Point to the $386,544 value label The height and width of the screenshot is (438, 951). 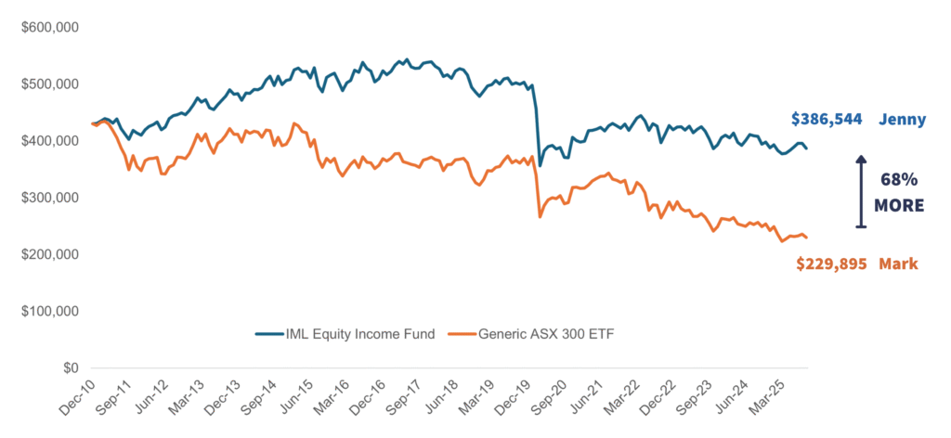[827, 119]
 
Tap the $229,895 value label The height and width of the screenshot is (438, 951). [831, 264]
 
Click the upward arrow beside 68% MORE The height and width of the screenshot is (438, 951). [860, 191]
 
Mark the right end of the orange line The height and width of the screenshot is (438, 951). [807, 238]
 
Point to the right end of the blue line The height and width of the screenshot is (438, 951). [807, 148]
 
